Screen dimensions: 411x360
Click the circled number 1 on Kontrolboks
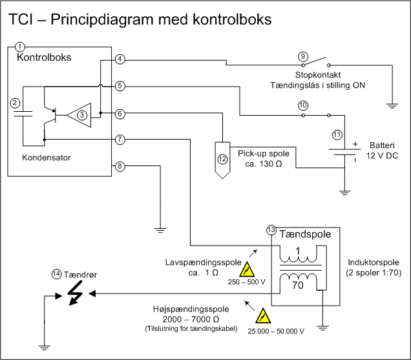19,47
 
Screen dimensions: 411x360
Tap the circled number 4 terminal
120,59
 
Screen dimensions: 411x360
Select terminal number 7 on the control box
120,139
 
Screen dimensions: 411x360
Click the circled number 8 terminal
120,166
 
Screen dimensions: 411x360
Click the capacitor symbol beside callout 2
23,114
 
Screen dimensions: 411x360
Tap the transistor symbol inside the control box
50,115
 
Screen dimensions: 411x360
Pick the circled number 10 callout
303,105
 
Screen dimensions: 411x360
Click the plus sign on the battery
355,144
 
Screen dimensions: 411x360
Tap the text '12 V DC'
382,156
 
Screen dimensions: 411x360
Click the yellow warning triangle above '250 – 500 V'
247,270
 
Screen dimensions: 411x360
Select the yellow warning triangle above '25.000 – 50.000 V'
263,316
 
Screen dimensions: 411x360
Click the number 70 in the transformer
298,285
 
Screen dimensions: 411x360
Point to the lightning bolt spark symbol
76,293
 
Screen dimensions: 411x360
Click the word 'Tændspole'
305,234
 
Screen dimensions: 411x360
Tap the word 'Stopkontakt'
318,75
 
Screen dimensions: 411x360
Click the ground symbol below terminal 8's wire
160,230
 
